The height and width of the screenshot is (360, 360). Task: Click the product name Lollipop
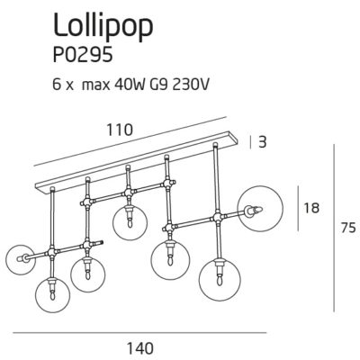pos(103,25)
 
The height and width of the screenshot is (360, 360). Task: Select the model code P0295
pos(83,54)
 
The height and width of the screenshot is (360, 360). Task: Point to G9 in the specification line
pos(157,85)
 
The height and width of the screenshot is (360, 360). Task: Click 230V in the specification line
pos(190,85)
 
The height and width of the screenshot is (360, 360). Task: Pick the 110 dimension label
pos(120,130)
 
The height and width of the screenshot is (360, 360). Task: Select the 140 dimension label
pos(140,348)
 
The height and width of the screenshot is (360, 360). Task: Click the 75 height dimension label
pos(348,228)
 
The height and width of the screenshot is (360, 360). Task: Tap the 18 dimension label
pos(311,208)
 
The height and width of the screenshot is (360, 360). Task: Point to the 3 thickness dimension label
pos(262,142)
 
